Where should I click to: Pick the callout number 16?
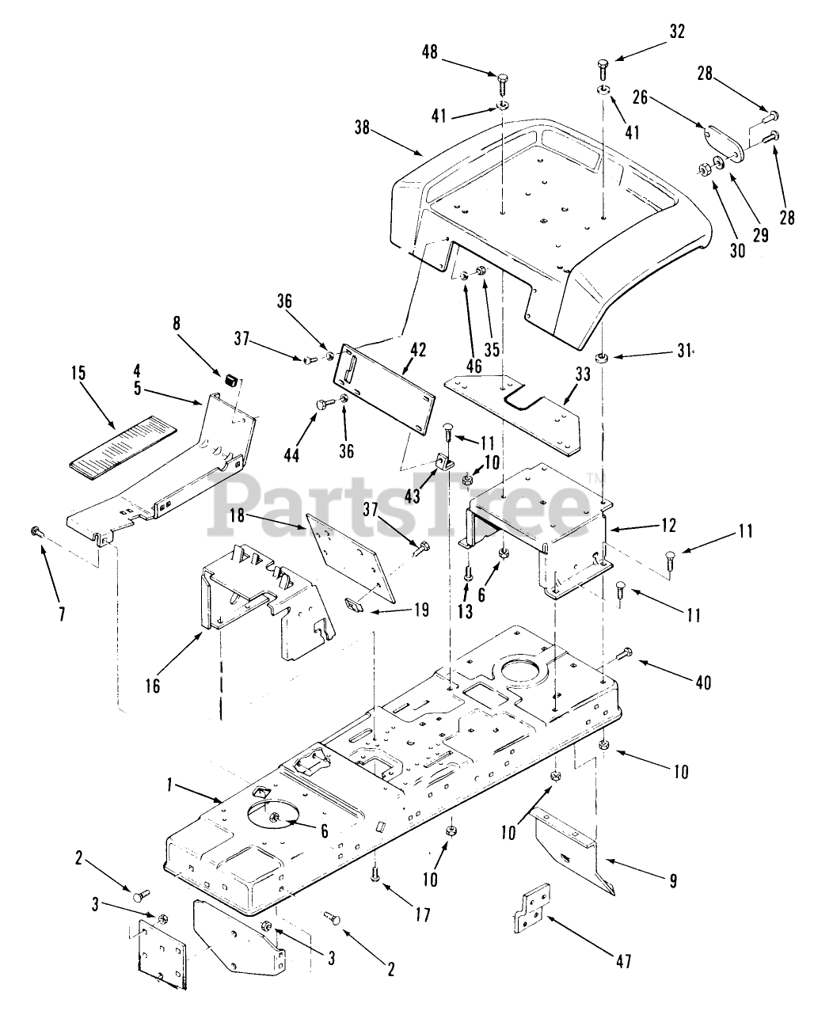(x=152, y=686)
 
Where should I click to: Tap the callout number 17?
(x=422, y=915)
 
